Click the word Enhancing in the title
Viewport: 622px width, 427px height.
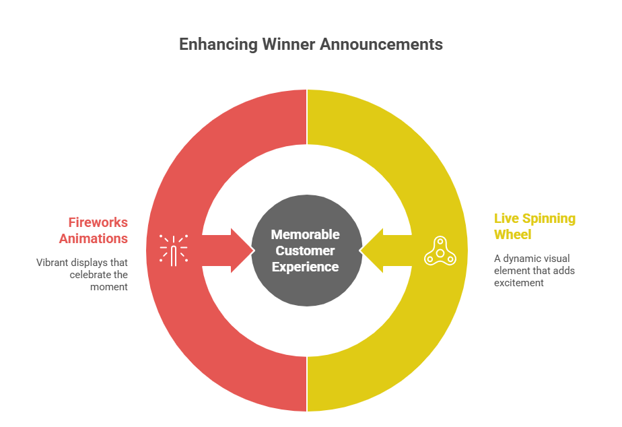click(211, 44)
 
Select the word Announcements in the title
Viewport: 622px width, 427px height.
click(381, 44)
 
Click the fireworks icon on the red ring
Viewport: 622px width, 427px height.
click(173, 249)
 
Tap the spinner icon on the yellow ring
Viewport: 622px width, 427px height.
click(440, 251)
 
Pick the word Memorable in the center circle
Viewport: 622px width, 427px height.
click(305, 234)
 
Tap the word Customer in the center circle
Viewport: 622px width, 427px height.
click(305, 251)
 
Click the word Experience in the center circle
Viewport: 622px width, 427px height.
click(305, 267)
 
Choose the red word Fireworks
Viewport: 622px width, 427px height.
click(98, 222)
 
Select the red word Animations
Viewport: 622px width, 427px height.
click(94, 238)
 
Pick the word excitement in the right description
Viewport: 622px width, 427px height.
click(519, 283)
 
